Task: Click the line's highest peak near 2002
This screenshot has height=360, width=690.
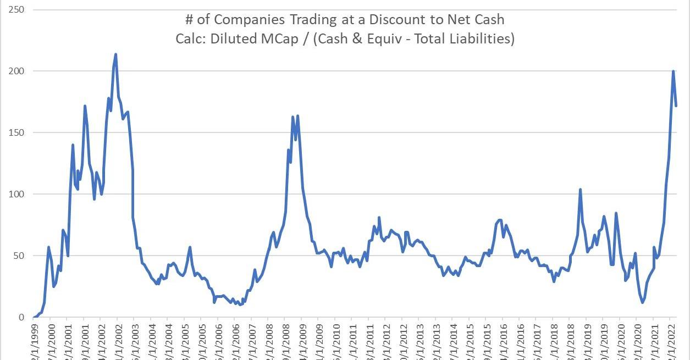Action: pyautogui.click(x=115, y=54)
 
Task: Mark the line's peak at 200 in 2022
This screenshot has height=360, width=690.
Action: pyautogui.click(x=673, y=71)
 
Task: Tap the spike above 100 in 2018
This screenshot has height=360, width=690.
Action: pyautogui.click(x=580, y=190)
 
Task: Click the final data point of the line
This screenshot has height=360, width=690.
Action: pyautogui.click(x=676, y=106)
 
